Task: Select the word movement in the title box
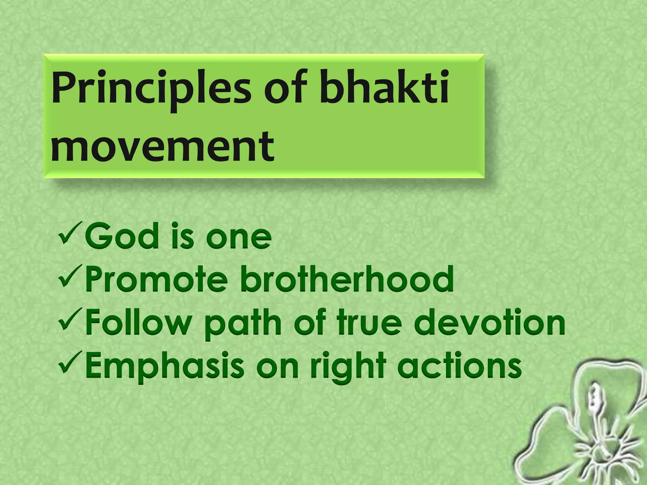pyautogui.click(x=162, y=147)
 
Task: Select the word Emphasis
pyautogui.click(x=165, y=366)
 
